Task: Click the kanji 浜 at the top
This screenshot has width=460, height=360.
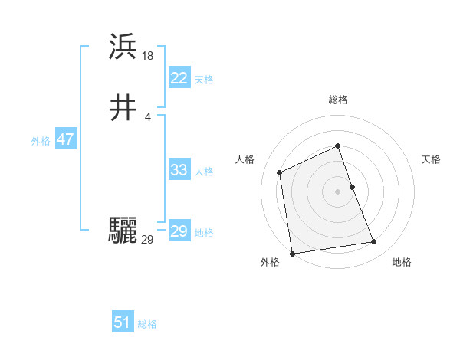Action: tap(123, 47)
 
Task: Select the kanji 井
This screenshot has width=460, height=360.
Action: tap(123, 110)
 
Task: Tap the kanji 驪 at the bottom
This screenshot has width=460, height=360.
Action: tap(123, 231)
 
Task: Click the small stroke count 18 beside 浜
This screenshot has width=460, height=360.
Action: tap(148, 55)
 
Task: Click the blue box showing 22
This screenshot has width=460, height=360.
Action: tap(179, 78)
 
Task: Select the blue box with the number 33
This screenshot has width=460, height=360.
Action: tap(179, 170)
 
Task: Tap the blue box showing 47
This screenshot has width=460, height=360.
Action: tap(65, 140)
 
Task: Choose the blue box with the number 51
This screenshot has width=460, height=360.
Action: tap(123, 322)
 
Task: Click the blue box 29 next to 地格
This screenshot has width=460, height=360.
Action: tap(179, 231)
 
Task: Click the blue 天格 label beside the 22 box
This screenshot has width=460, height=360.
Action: tap(204, 80)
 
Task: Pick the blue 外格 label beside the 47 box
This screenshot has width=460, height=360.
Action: tap(41, 141)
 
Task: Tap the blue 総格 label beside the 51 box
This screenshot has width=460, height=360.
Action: tap(147, 324)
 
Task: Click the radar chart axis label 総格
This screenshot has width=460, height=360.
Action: tap(338, 100)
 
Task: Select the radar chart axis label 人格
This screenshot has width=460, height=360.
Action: tap(245, 159)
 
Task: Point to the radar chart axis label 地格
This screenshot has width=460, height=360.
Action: tap(402, 262)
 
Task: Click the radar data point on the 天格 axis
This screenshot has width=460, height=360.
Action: tap(352, 187)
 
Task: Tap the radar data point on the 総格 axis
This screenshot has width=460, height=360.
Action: tap(338, 146)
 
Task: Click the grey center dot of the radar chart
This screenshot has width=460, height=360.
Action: tap(338, 191)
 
